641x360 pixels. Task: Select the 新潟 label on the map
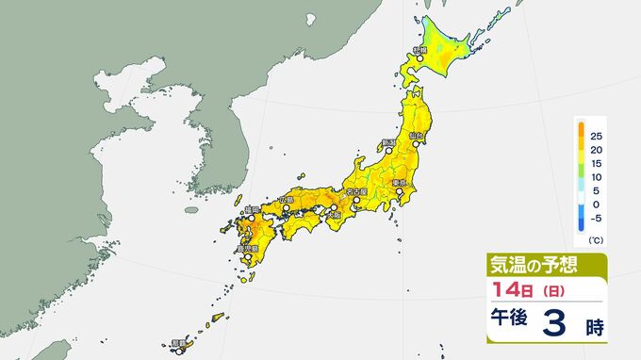(x=386, y=143)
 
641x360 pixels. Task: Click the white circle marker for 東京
(x=399, y=192)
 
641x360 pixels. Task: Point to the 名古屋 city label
(x=357, y=191)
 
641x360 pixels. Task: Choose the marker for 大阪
(x=332, y=208)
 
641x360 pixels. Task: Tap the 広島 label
(x=287, y=201)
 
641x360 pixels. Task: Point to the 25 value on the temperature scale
(x=597, y=137)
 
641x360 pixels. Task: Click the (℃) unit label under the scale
(x=596, y=241)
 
